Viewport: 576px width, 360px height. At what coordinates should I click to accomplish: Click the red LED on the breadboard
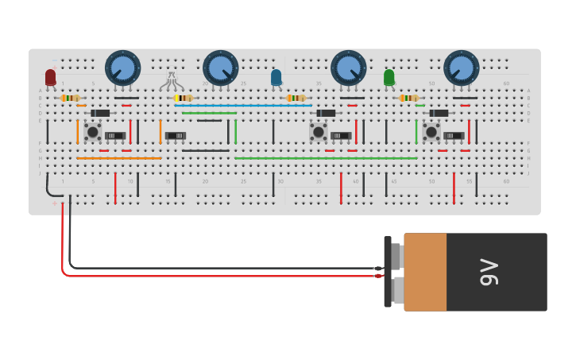[x=51, y=77]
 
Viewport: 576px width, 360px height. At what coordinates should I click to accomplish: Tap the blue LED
[x=276, y=77]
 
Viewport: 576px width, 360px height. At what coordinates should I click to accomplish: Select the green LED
[x=389, y=77]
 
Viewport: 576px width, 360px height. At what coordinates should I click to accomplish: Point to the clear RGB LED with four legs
[x=172, y=80]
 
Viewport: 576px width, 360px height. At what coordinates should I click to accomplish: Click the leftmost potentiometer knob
[x=123, y=68]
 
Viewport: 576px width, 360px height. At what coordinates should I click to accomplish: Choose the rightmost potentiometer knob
[x=461, y=68]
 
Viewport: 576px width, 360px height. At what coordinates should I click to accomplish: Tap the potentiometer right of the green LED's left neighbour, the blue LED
[x=348, y=68]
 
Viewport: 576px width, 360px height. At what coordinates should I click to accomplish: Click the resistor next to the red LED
[x=70, y=98]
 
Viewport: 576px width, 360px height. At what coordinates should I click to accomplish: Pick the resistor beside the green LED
[x=408, y=98]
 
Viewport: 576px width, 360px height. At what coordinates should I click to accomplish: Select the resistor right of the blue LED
[x=296, y=98]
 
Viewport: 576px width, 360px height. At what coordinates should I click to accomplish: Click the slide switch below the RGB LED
[x=176, y=136]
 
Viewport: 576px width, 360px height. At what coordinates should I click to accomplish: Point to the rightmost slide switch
[x=454, y=136]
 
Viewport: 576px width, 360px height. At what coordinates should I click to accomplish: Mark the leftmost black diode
[x=100, y=113]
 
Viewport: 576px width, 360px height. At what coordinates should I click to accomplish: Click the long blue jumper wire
[x=242, y=105]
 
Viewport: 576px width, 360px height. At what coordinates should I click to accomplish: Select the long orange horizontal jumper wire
[x=119, y=158]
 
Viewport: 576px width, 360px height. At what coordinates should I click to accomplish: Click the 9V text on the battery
[x=489, y=272]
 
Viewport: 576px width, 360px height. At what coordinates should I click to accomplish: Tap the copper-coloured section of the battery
[x=425, y=272]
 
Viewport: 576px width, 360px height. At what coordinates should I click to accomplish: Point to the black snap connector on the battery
[x=388, y=272]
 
